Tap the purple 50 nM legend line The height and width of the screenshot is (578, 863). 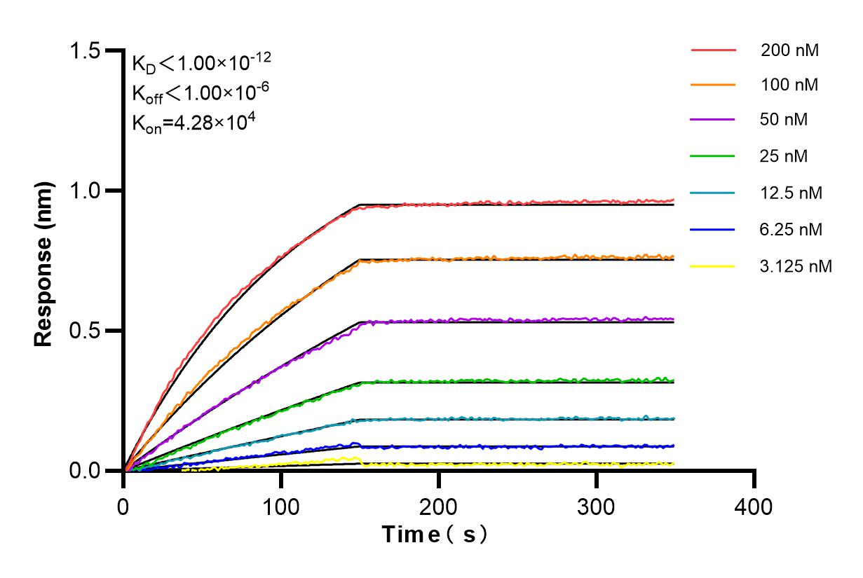click(713, 120)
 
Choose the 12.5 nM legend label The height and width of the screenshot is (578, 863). click(791, 193)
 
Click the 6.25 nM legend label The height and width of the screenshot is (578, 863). click(791, 229)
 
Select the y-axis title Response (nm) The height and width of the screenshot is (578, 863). click(45, 264)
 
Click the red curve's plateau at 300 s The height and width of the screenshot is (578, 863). click(597, 202)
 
